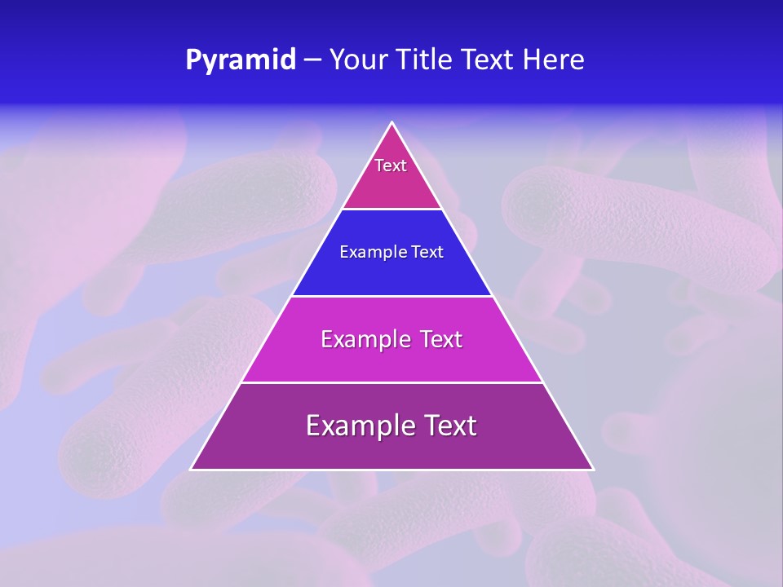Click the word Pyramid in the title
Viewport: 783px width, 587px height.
tap(241, 60)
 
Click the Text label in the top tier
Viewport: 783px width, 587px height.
tap(391, 166)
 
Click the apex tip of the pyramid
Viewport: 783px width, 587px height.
tap(392, 123)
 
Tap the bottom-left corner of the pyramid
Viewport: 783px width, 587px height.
tap(192, 469)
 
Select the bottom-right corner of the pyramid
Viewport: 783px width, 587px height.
tap(593, 469)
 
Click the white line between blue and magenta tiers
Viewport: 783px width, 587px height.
tap(392, 296)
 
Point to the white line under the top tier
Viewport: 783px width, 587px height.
tap(392, 210)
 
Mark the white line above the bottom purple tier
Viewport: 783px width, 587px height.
tap(392, 382)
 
